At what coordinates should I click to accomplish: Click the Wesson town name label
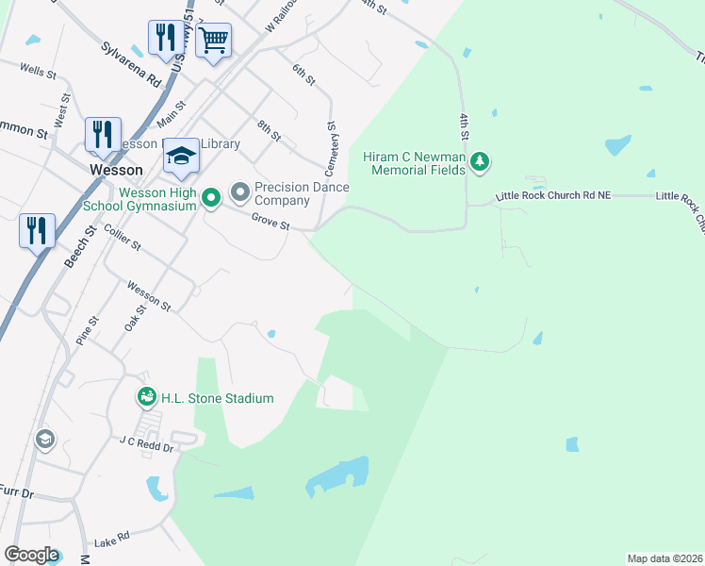pos(116,171)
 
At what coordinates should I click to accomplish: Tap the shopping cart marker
pos(214,41)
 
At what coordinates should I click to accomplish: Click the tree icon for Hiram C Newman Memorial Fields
pos(481,162)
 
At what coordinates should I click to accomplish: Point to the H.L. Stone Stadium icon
pos(146,398)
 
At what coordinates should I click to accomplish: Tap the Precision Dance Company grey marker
pos(240,193)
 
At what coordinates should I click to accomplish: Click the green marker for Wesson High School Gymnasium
pos(212,197)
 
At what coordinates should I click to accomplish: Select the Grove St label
pos(270,222)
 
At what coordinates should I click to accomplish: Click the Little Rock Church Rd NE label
pos(554,196)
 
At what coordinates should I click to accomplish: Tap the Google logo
pos(32,555)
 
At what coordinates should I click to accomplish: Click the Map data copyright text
pos(665,558)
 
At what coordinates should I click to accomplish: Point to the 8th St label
pos(269,130)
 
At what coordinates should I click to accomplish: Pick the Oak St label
pos(136,316)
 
